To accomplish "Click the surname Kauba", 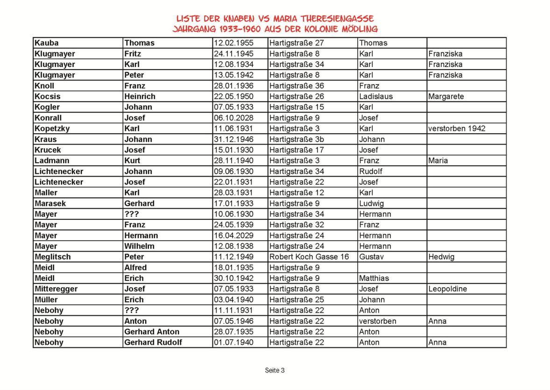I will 47,43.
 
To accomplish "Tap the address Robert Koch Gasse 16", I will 309,257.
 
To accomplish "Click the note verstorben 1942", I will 457,129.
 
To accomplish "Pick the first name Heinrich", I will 140,96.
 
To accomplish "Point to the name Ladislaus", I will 376,96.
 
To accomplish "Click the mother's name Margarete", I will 444,96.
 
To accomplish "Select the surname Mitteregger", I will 56,289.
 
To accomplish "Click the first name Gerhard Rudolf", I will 153,342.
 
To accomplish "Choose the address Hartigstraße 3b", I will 297,139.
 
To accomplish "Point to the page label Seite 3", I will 275,370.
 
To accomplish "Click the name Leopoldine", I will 447,289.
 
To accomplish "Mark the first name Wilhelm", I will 139,246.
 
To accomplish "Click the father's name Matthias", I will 374,278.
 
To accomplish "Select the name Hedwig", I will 441,257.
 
